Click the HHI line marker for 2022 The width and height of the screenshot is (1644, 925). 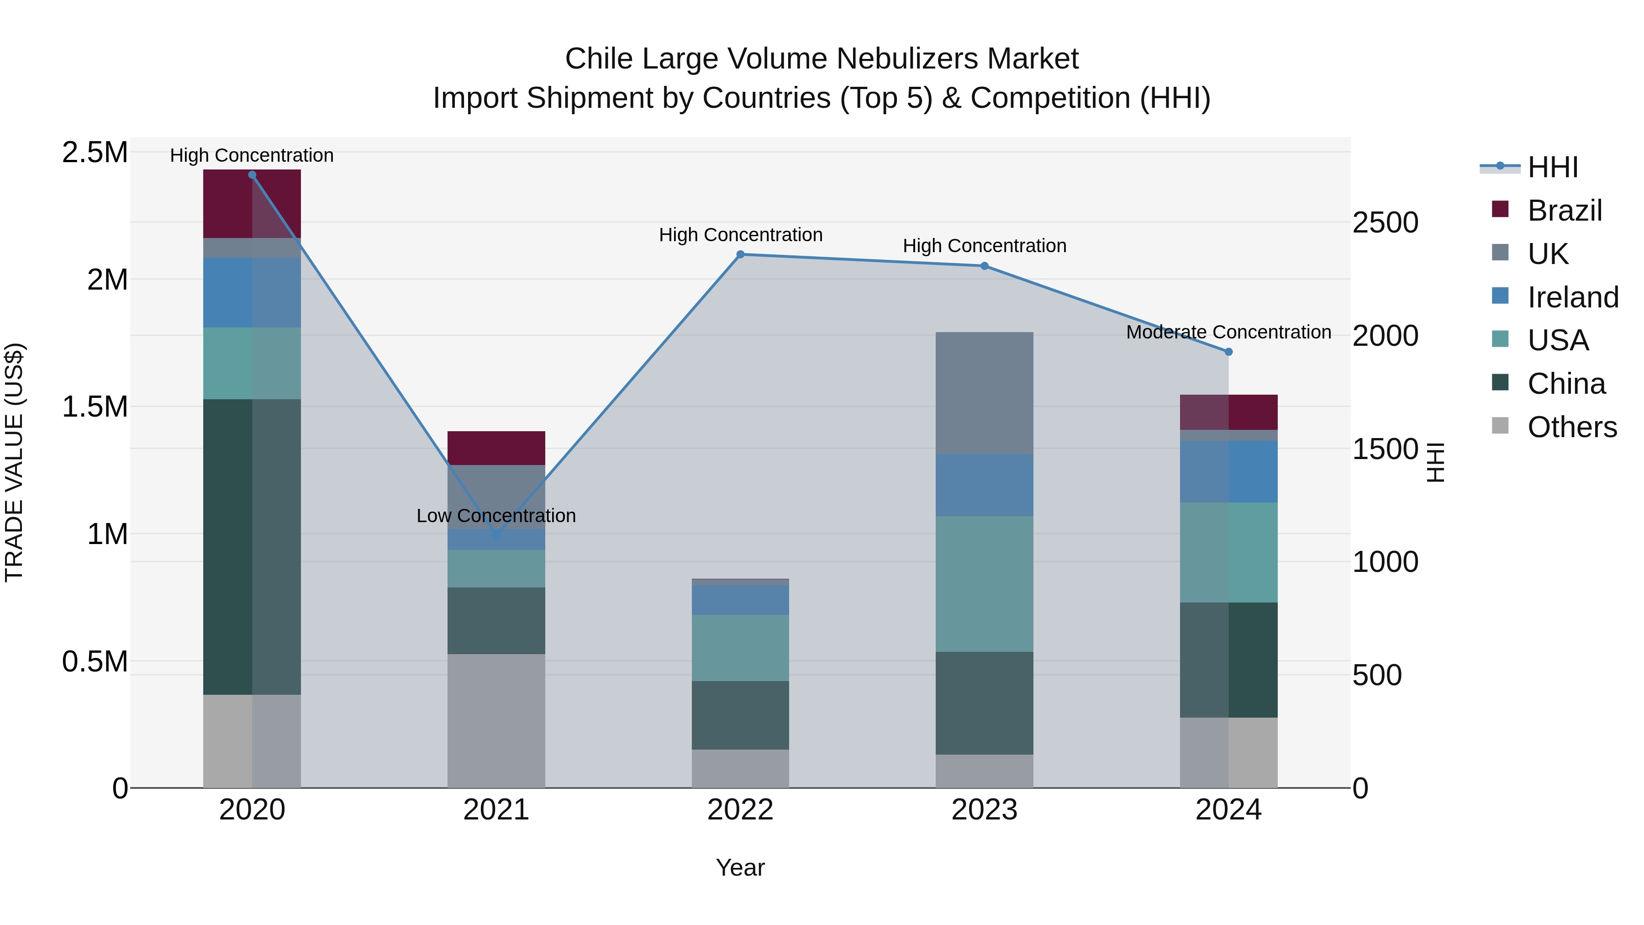click(740, 254)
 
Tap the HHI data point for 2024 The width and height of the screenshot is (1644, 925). click(1228, 352)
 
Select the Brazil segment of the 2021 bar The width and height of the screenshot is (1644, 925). click(496, 448)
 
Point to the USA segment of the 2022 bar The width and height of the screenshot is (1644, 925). click(740, 647)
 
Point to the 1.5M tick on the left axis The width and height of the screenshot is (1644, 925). click(95, 407)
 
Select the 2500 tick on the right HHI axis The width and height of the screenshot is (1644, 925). click(1386, 223)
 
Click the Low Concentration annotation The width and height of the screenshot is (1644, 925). click(496, 516)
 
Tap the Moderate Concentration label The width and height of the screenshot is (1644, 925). click(1228, 333)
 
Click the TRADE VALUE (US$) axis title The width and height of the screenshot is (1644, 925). click(14, 462)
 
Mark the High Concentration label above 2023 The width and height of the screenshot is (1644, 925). click(984, 246)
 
